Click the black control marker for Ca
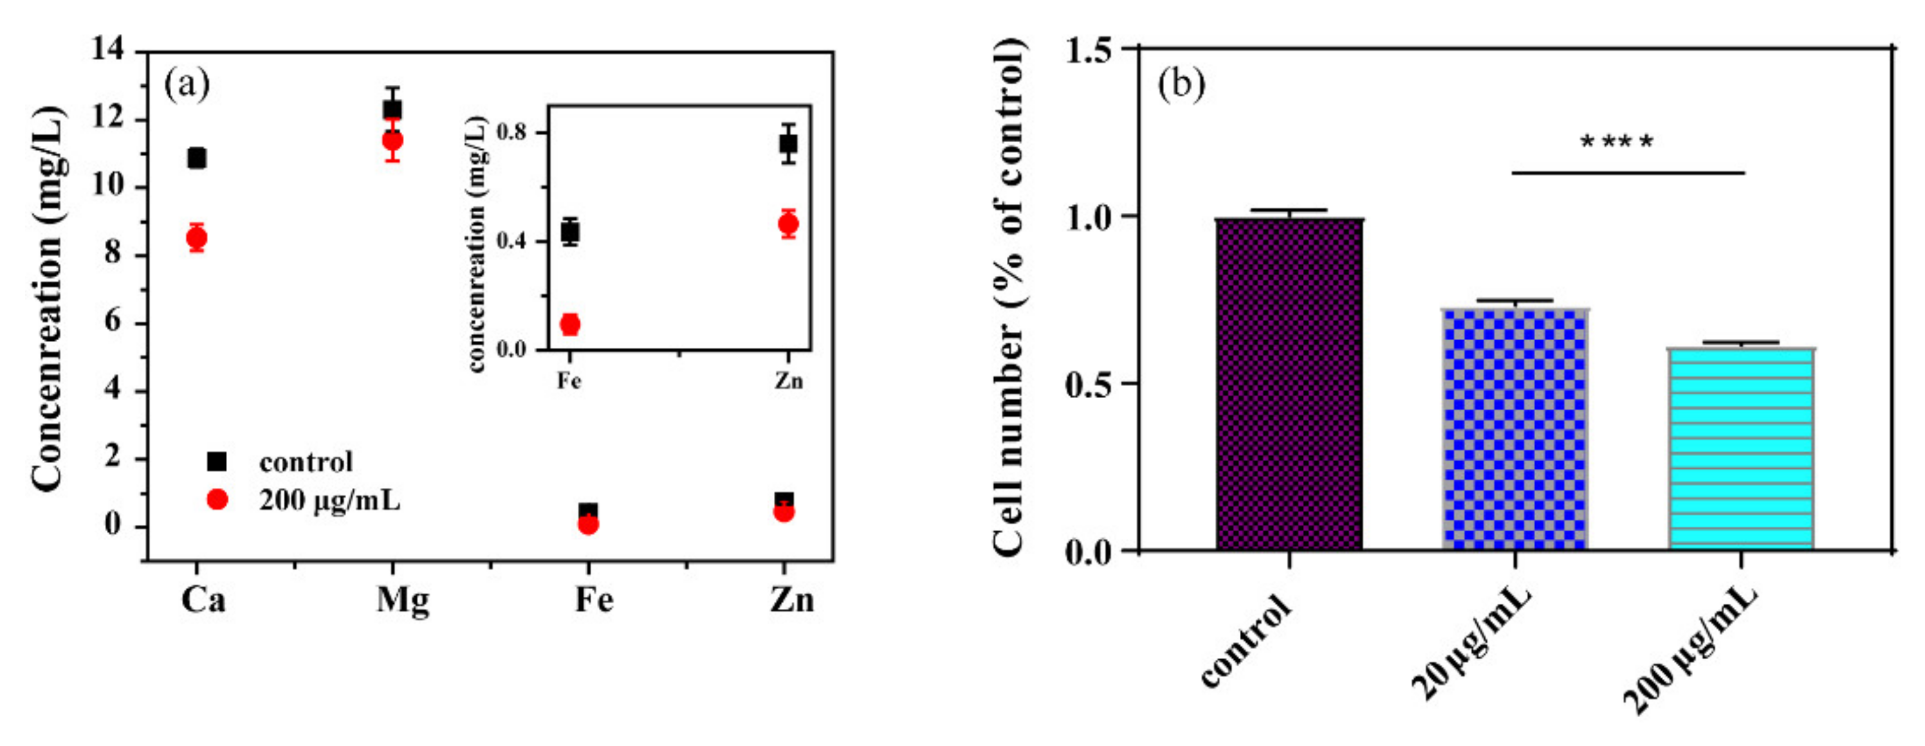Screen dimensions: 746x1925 [x=196, y=158]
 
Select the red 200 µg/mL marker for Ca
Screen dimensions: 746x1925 [x=196, y=238]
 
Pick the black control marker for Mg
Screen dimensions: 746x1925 [x=392, y=110]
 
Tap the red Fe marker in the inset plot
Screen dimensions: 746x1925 [x=570, y=324]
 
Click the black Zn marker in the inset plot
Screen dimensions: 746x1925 [x=788, y=143]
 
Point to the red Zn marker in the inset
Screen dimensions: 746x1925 [x=788, y=223]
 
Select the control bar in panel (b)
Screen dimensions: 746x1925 [x=1289, y=385]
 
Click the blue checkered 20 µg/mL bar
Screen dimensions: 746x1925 [x=1515, y=430]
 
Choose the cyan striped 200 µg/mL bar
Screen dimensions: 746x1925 [x=1741, y=448]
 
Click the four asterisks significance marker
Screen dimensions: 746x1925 [x=1617, y=142]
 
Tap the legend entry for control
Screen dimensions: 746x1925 [x=305, y=462]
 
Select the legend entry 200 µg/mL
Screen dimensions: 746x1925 [x=329, y=500]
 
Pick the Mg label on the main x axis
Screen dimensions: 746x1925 [x=403, y=599]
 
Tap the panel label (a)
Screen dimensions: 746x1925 [x=187, y=84]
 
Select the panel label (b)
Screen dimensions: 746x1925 [x=1181, y=84]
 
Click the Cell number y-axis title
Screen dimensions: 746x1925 [x=1009, y=298]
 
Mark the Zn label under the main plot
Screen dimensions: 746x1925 [x=791, y=599]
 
